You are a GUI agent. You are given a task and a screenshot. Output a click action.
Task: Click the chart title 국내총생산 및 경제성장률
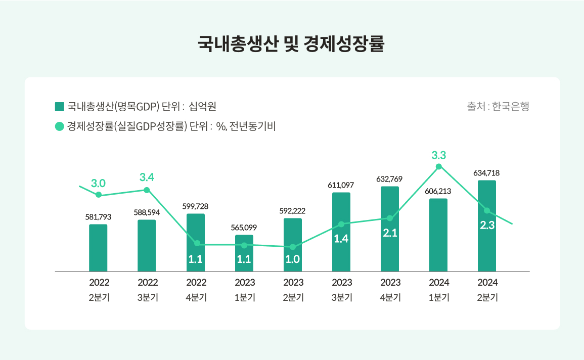click(291, 44)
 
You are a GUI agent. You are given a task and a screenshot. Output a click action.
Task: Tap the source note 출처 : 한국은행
click(498, 107)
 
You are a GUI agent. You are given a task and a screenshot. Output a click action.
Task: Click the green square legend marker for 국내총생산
click(59, 107)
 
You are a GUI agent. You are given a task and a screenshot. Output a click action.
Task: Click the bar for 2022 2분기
click(98, 248)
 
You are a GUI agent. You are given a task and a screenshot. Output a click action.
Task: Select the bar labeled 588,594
click(147, 246)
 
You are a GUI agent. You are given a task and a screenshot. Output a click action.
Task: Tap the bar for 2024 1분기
click(438, 235)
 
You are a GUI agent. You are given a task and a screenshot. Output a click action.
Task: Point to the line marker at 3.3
click(438, 166)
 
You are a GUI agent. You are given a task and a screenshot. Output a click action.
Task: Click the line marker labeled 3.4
click(147, 190)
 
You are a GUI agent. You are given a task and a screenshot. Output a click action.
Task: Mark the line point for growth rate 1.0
click(293, 247)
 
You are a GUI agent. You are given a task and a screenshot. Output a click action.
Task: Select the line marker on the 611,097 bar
click(341, 224)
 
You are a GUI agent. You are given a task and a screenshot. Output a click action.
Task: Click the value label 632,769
click(389, 179)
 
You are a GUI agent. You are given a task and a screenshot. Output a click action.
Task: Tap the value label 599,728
click(195, 206)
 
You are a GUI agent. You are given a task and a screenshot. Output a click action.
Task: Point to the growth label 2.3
click(487, 226)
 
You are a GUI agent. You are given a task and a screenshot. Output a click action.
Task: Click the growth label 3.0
click(98, 183)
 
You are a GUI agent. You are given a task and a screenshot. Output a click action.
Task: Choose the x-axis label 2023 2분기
click(293, 290)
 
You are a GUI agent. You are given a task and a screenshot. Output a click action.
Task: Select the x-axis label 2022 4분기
click(196, 290)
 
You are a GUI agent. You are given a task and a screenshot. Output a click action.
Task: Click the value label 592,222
click(293, 211)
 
